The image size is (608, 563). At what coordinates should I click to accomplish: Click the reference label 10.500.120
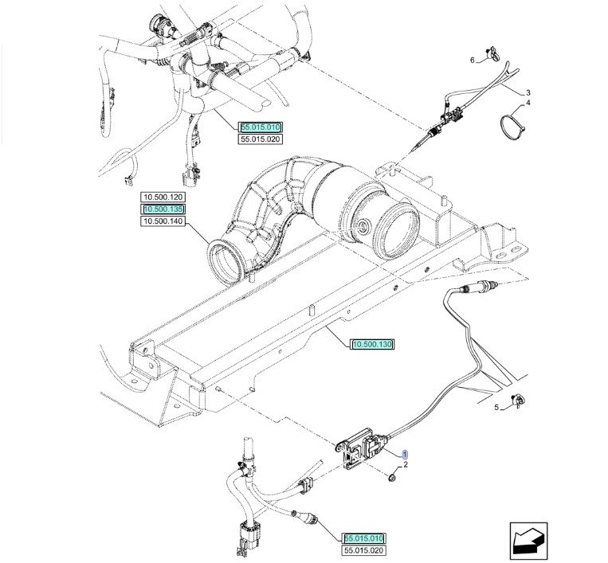click(163, 197)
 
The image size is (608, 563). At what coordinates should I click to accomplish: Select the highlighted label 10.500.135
click(163, 209)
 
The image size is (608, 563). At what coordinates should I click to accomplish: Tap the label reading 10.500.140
click(163, 221)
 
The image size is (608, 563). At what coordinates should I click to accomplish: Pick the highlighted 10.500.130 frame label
click(372, 344)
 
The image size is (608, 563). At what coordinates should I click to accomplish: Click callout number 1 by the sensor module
click(404, 452)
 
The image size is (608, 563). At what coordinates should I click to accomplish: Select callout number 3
click(528, 92)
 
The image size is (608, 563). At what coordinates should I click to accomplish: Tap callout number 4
click(528, 104)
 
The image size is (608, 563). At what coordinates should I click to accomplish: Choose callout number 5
click(495, 408)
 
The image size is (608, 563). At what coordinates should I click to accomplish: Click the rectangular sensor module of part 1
click(363, 449)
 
